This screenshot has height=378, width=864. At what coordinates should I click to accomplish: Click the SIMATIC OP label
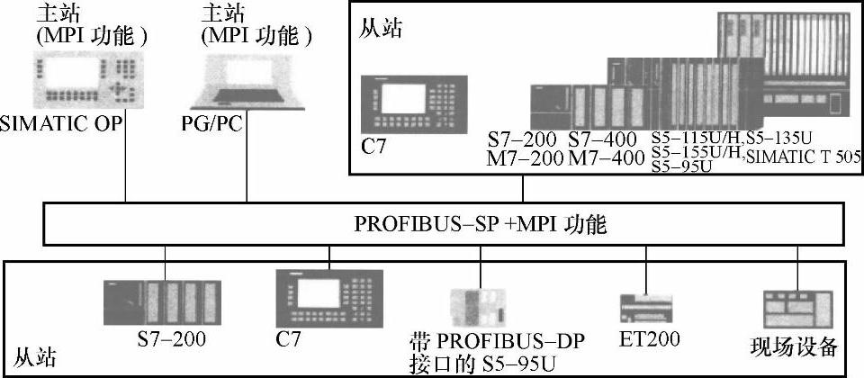pyautogui.click(x=61, y=121)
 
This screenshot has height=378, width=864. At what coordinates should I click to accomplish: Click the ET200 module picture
pyautogui.click(x=646, y=309)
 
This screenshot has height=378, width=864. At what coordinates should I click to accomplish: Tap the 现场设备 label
pyautogui.click(x=795, y=346)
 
